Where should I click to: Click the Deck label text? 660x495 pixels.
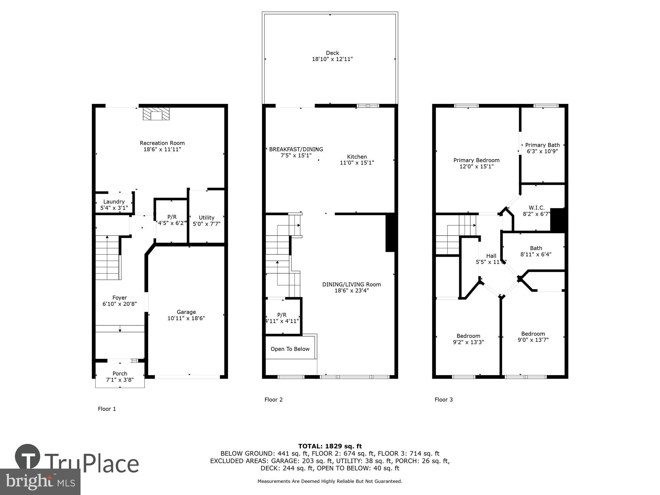click(x=332, y=53)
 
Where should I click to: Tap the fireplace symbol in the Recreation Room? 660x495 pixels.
click(x=156, y=113)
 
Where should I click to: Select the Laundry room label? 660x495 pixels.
click(x=114, y=202)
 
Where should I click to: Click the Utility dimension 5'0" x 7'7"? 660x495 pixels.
click(x=207, y=224)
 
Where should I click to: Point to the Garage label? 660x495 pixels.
click(x=186, y=312)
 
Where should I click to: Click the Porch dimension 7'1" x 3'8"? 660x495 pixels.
click(x=120, y=380)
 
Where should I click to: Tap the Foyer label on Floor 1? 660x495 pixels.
click(x=119, y=298)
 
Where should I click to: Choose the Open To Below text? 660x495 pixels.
click(x=290, y=349)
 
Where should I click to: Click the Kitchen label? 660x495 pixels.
click(x=357, y=157)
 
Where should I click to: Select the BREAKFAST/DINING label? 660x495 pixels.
click(x=296, y=149)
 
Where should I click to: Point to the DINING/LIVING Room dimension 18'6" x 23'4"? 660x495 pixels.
click(x=351, y=290)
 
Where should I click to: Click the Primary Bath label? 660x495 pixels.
click(x=542, y=145)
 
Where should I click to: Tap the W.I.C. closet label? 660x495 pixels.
click(x=537, y=208)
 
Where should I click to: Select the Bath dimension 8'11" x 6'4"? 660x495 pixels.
click(x=536, y=254)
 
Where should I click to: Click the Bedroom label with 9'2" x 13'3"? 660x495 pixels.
click(x=468, y=336)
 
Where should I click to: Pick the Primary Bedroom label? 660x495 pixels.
click(x=476, y=160)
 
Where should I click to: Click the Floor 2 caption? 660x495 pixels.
click(x=274, y=400)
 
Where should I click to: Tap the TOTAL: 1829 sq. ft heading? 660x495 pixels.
click(x=330, y=446)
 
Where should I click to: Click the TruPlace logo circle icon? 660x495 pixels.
click(x=28, y=457)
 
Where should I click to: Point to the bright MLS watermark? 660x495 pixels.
click(x=40, y=481)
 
